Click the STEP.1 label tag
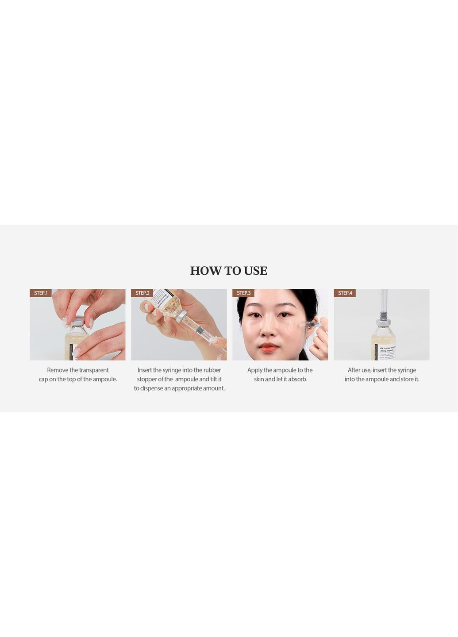41,293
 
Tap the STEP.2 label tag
142,293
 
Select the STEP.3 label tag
243,293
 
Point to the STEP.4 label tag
345,293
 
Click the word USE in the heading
255,271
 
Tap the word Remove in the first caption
58,370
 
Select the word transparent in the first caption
94,370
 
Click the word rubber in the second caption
212,370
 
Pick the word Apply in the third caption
254,370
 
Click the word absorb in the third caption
297,380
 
